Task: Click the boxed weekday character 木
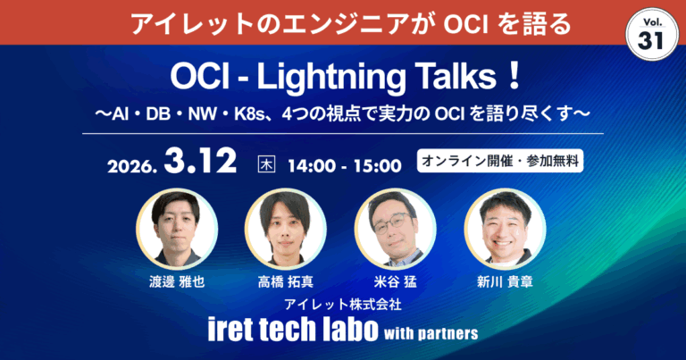[265, 164]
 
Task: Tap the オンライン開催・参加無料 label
[499, 163]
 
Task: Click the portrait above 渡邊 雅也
[174, 228]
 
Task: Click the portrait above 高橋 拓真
[284, 228]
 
